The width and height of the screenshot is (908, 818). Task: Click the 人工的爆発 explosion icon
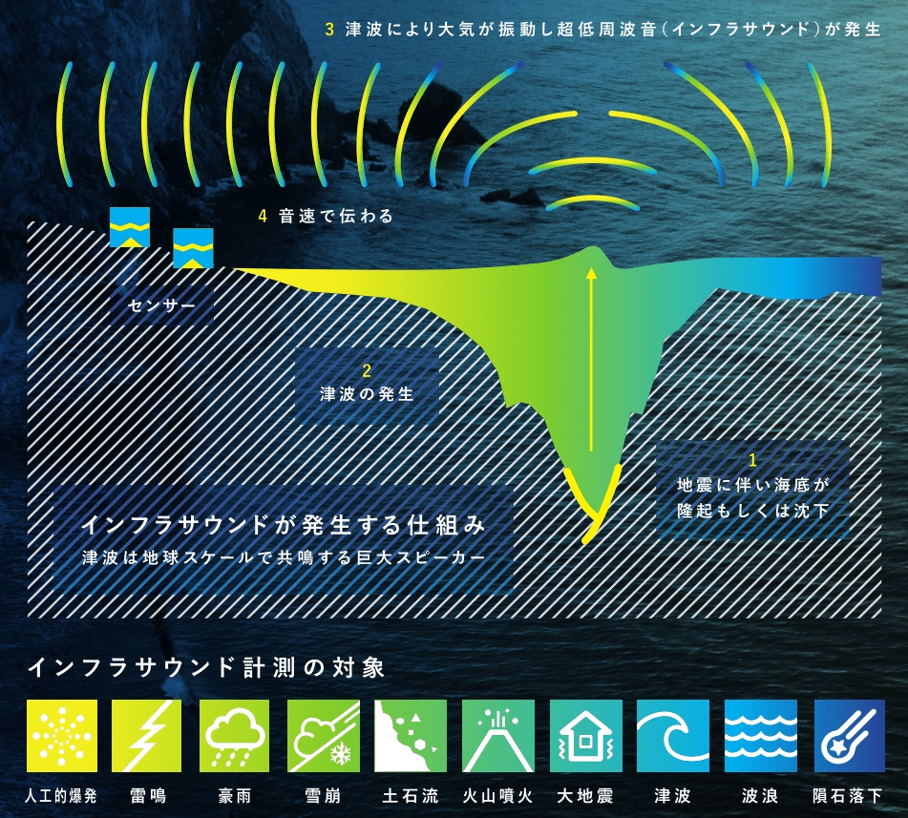(62, 735)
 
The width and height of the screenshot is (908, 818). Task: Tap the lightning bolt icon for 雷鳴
(146, 735)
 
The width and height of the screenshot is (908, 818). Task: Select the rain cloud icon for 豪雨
(235, 735)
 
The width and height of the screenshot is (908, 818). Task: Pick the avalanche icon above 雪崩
(323, 735)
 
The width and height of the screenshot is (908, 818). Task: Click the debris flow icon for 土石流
(411, 735)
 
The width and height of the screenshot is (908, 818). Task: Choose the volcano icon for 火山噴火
(498, 735)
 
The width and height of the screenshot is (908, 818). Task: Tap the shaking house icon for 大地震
(585, 735)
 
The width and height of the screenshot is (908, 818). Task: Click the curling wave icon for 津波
(673, 735)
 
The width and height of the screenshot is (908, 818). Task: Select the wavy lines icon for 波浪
(761, 735)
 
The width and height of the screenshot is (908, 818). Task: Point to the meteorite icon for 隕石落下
(850, 735)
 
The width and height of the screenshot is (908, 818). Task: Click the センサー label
(161, 305)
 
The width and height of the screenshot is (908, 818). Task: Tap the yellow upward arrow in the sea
(591, 359)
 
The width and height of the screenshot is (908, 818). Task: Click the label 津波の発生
(368, 394)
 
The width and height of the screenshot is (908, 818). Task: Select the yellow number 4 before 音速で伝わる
(263, 216)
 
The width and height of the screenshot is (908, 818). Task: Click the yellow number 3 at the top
(329, 30)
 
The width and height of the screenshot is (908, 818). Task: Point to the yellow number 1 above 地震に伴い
(752, 460)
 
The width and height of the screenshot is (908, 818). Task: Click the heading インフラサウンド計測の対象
(206, 667)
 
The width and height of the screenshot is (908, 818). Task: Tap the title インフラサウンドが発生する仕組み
(284, 525)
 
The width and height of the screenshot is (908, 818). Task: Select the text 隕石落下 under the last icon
(847, 796)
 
